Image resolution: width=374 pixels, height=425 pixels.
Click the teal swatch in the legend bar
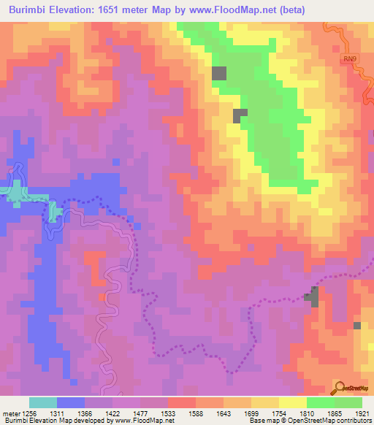point(43,402)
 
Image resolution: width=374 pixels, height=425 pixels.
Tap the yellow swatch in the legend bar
point(293,402)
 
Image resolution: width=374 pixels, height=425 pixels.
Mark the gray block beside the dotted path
point(313,296)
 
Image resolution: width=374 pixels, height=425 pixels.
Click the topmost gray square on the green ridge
point(219,73)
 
